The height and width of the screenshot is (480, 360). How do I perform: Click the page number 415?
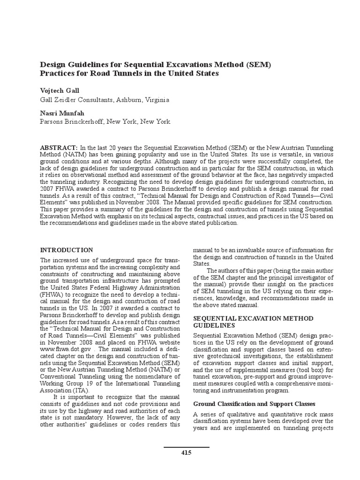tap(186, 452)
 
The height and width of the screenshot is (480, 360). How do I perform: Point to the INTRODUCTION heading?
tap(67, 250)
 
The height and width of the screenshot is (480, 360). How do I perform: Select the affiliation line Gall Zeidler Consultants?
tap(105, 100)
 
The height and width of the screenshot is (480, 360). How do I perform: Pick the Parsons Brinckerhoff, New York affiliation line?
tap(105, 122)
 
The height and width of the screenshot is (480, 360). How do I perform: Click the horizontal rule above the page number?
tap(186, 447)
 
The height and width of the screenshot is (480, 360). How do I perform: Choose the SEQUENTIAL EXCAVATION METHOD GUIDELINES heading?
tap(253, 322)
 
